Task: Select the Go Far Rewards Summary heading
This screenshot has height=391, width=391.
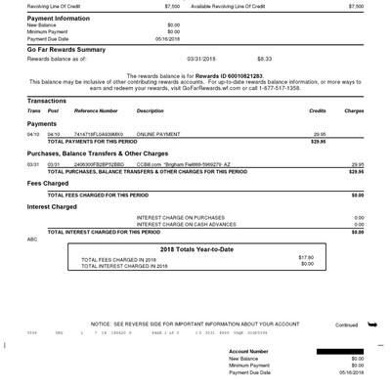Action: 66,48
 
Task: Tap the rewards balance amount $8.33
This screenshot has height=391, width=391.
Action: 265,59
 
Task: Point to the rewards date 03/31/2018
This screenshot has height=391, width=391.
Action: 205,59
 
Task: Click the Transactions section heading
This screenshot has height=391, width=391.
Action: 47,101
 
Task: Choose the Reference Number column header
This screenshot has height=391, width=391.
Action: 95,111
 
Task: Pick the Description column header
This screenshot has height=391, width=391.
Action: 151,111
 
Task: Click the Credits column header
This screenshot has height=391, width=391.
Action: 317,111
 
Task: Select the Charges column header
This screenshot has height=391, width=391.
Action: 354,111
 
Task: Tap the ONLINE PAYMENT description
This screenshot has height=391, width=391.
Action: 158,134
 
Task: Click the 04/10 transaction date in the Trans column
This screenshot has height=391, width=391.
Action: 33,134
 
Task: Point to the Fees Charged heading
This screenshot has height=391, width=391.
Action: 48,183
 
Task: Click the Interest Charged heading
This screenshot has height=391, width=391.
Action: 52,206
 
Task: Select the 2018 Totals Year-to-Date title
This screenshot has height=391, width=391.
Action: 197,248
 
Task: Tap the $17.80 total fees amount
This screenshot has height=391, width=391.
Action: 305,257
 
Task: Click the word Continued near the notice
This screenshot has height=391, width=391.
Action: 346,325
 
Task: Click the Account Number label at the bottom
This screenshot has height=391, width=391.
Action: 249,350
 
